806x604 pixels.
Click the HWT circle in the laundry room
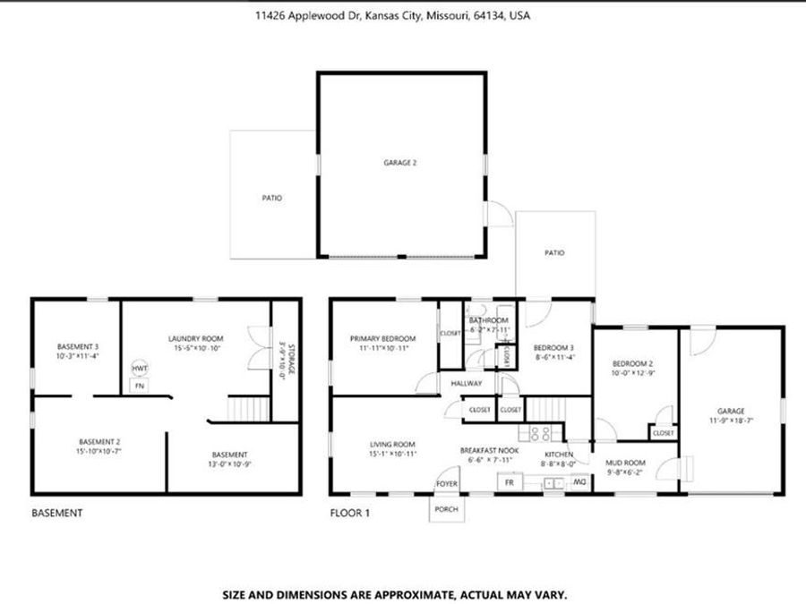click(140, 369)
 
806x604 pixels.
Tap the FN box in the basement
click(138, 386)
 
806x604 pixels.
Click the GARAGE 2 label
click(400, 163)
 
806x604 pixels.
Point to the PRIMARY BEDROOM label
click(382, 338)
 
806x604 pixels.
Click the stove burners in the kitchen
click(541, 434)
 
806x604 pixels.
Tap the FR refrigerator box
click(510, 482)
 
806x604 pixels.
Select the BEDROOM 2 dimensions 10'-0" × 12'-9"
click(633, 373)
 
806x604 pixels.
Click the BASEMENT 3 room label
click(78, 346)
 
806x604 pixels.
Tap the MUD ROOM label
click(626, 463)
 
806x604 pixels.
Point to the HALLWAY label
click(467, 384)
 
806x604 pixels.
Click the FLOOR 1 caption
click(350, 514)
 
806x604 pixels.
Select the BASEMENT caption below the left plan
click(57, 514)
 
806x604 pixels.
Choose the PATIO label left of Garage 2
click(272, 198)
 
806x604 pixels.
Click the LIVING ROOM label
click(393, 444)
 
